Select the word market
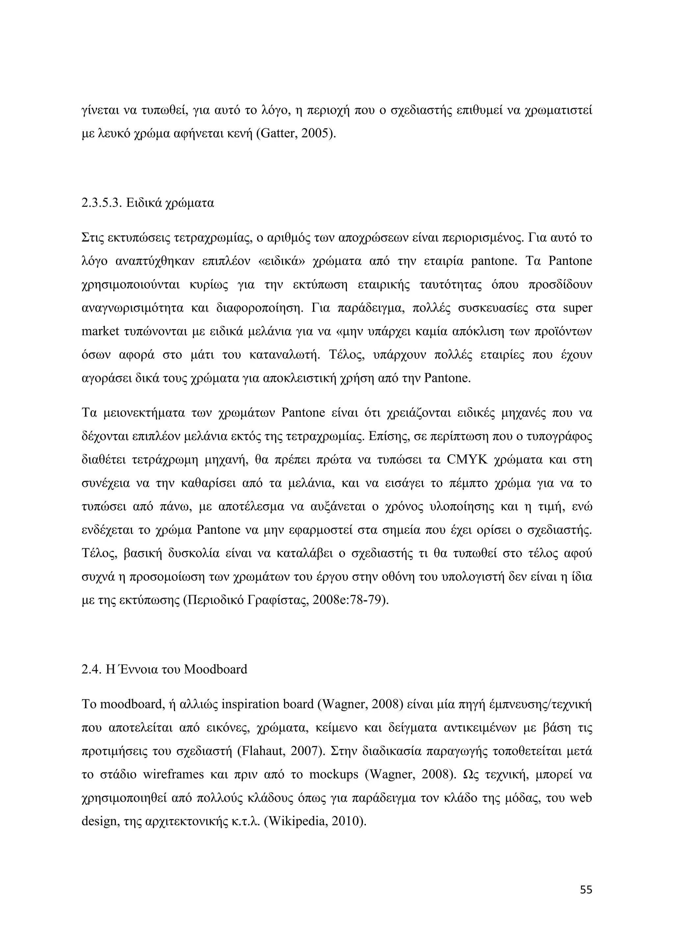[x=101, y=332]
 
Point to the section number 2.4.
[x=92, y=669]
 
